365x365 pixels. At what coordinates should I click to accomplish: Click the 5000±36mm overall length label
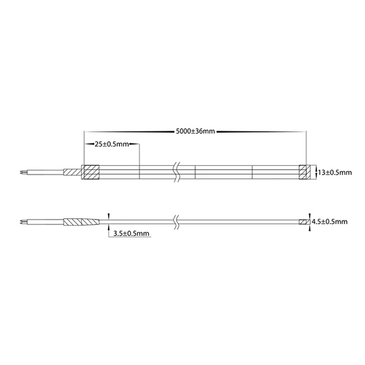[x=195, y=131]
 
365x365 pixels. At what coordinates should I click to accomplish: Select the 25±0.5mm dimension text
[x=111, y=144]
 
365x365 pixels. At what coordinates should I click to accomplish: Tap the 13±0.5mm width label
[x=334, y=173]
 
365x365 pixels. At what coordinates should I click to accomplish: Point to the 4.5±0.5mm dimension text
[x=329, y=222]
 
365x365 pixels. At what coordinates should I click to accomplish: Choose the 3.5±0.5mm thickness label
[x=131, y=234]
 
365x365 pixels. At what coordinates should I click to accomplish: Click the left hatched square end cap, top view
[x=90, y=173]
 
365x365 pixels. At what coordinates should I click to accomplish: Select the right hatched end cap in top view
[x=305, y=173]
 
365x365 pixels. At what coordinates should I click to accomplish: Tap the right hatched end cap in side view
[x=305, y=222]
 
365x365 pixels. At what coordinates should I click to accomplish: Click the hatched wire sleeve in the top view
[x=72, y=173]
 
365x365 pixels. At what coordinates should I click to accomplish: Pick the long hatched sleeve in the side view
[x=81, y=222]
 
